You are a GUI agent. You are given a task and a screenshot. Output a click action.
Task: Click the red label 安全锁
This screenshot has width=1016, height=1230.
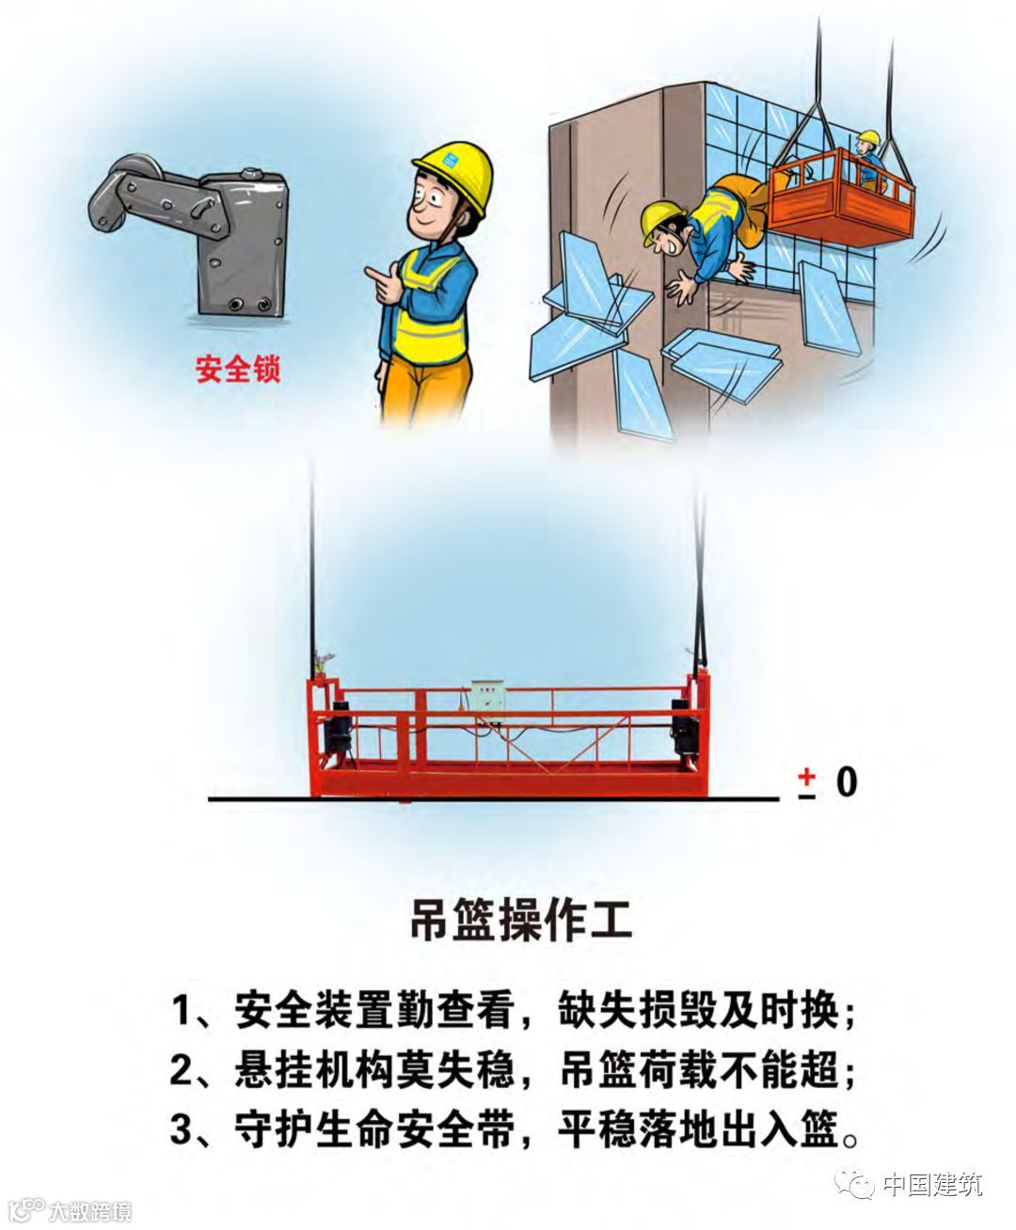pyautogui.click(x=238, y=370)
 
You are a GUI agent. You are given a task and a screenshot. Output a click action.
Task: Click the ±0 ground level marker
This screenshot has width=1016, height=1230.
pyautogui.click(x=828, y=782)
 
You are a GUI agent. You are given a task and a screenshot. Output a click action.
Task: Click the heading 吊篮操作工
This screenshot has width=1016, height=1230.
pyautogui.click(x=521, y=921)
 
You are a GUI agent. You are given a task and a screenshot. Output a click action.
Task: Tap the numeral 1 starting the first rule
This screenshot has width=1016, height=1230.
pyautogui.click(x=181, y=1010)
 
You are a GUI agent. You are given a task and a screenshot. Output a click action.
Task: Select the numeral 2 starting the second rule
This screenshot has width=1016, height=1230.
pyautogui.click(x=181, y=1070)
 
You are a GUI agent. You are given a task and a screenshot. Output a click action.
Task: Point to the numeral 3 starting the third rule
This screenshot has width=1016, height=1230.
pyautogui.click(x=181, y=1129)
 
